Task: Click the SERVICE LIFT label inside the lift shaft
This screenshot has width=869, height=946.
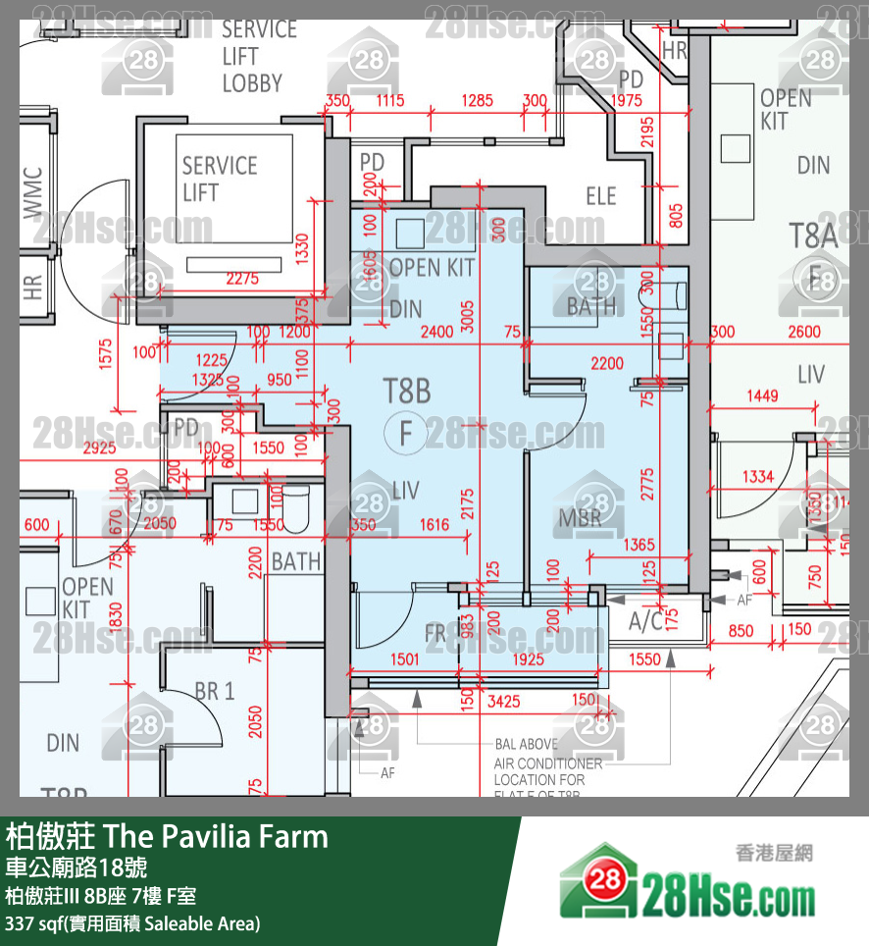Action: [x=219, y=178]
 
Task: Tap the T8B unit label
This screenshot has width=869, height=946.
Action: [x=406, y=392]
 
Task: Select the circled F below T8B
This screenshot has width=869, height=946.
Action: [x=406, y=432]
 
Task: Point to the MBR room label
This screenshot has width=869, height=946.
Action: [x=581, y=517]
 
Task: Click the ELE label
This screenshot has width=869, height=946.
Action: [x=600, y=196]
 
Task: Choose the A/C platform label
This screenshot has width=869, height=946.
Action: [x=646, y=620]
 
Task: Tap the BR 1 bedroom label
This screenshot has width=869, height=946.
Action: [x=214, y=691]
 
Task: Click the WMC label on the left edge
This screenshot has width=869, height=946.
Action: [x=32, y=192]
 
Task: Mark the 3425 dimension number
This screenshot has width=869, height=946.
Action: [x=503, y=701]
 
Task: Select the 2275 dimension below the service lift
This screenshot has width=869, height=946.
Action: [x=241, y=279]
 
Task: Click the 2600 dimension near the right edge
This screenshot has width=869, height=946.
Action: [x=803, y=333]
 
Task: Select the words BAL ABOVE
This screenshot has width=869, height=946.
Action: [x=526, y=745]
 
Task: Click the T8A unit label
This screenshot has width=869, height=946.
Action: [x=813, y=235]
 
